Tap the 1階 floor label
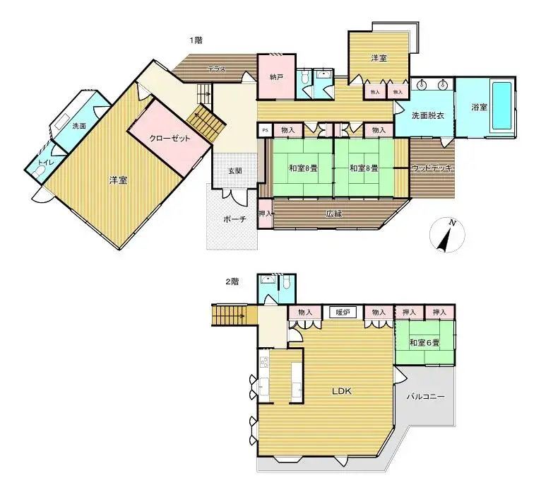tap(195, 40)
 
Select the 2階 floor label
tap(232, 281)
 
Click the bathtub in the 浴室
tap(503, 106)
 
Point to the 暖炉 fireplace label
tap(343, 312)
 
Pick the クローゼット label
tap(170, 139)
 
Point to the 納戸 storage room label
tap(276, 76)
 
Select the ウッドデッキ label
tap(432, 168)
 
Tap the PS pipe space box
tap(265, 130)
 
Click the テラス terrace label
tap(216, 69)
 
